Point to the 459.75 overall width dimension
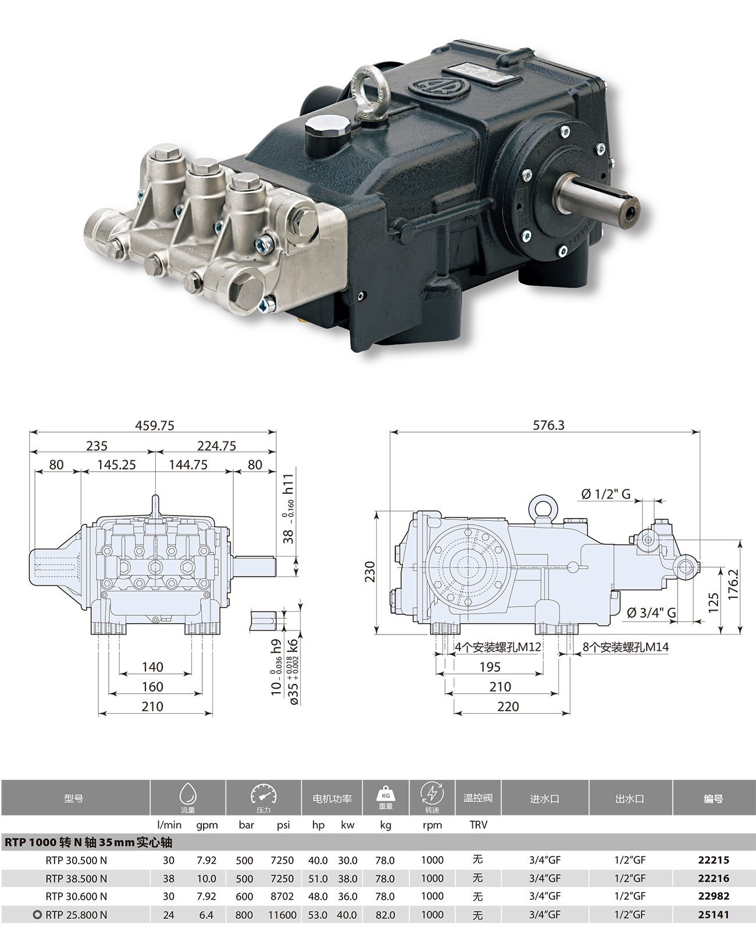point(155,425)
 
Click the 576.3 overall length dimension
point(548,425)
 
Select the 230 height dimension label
point(370,572)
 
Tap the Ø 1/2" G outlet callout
point(606,494)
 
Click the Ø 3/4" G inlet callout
point(651,612)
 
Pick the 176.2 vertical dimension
point(733,584)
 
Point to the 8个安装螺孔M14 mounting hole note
point(626,647)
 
